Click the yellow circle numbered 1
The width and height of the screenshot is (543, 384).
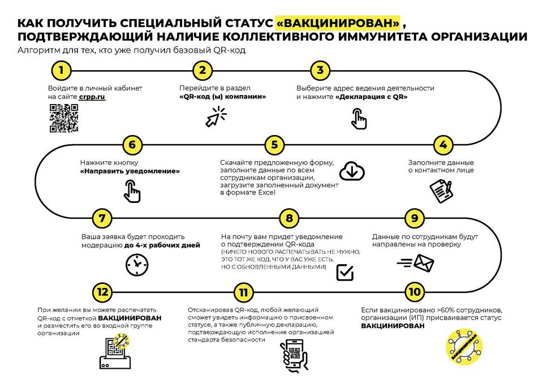tap(61, 71)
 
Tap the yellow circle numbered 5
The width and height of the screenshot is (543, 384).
tap(275, 145)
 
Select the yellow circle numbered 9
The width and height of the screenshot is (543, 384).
tap(415, 218)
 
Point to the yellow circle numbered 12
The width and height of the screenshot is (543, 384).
tap(102, 292)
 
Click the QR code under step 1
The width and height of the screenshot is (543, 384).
tap(64, 118)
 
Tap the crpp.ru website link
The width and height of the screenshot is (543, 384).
tap(92, 97)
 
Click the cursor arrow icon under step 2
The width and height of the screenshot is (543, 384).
tap(216, 117)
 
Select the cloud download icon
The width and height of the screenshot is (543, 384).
tap(352, 171)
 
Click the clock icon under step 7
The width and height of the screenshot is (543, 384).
tap(137, 265)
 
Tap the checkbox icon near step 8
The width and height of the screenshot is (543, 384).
tap(345, 272)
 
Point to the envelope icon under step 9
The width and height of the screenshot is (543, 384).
tap(416, 263)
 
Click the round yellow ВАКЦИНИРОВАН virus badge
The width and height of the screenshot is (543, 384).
tap(464, 347)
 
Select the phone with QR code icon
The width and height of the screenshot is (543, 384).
tap(294, 356)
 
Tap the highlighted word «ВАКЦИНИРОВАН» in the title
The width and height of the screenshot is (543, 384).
tap(338, 23)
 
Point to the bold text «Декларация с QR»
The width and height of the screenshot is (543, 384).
tap(372, 97)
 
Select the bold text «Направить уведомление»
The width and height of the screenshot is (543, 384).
tap(130, 171)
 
